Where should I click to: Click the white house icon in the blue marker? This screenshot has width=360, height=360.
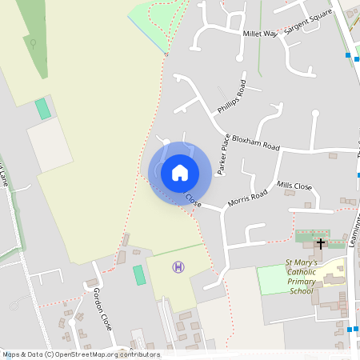pyautogui.click(x=179, y=172)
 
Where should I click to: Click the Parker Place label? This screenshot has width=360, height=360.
pyautogui.click(x=224, y=154)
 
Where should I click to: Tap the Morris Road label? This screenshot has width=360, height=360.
pyautogui.click(x=247, y=198)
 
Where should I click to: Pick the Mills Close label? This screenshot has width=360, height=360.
pyautogui.click(x=294, y=186)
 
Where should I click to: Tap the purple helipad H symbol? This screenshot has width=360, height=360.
pyautogui.click(x=178, y=266)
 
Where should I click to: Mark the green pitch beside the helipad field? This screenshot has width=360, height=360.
pyautogui.click(x=139, y=275)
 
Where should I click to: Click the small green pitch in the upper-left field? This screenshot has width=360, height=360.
pyautogui.click(x=42, y=109)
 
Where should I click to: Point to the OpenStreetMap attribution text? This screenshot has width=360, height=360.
pyautogui.click(x=81, y=354)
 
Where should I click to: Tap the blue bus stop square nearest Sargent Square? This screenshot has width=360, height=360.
pyautogui.click(x=348, y=55)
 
